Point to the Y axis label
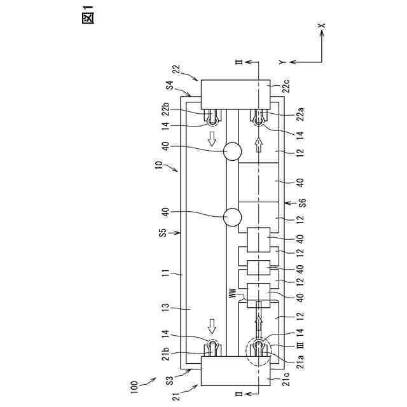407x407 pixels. click(280, 62)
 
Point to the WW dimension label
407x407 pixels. click(232, 294)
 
